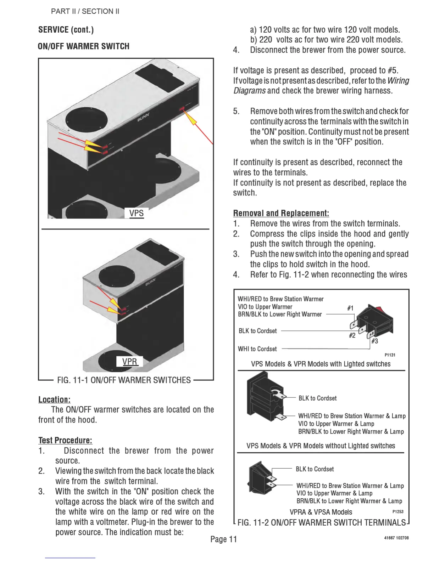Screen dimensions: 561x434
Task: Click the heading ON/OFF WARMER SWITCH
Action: click(x=84, y=46)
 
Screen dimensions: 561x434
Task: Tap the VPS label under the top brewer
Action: click(x=136, y=213)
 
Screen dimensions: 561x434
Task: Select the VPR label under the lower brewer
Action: click(x=129, y=362)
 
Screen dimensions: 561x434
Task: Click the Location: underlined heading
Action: click(x=54, y=399)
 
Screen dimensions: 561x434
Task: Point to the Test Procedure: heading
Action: click(x=65, y=440)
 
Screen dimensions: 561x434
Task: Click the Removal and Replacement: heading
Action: click(x=281, y=213)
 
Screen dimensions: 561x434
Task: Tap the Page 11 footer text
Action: click(x=223, y=539)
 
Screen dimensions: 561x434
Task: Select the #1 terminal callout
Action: click(x=350, y=308)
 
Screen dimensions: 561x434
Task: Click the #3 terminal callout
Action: click(x=374, y=341)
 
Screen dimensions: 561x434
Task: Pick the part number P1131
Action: click(x=390, y=355)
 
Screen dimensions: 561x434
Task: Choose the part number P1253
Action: click(x=398, y=511)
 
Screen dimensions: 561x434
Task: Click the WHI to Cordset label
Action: click(x=257, y=349)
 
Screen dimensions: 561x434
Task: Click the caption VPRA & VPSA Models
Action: click(x=321, y=512)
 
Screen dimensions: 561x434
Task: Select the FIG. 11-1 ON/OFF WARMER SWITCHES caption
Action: click(x=124, y=380)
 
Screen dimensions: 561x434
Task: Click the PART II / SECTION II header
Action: click(x=85, y=11)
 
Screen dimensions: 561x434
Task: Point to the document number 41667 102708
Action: click(x=396, y=538)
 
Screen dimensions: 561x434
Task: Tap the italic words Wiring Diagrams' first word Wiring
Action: click(x=398, y=81)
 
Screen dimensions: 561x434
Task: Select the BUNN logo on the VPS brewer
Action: click(x=143, y=117)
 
